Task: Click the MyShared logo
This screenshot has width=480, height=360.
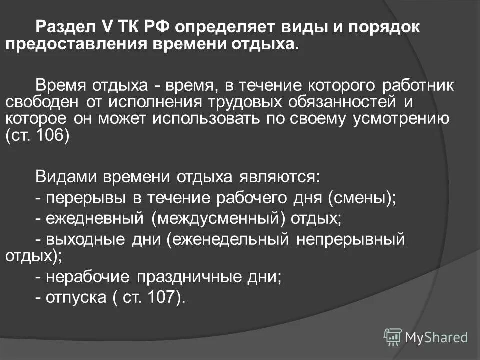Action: [426, 337]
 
